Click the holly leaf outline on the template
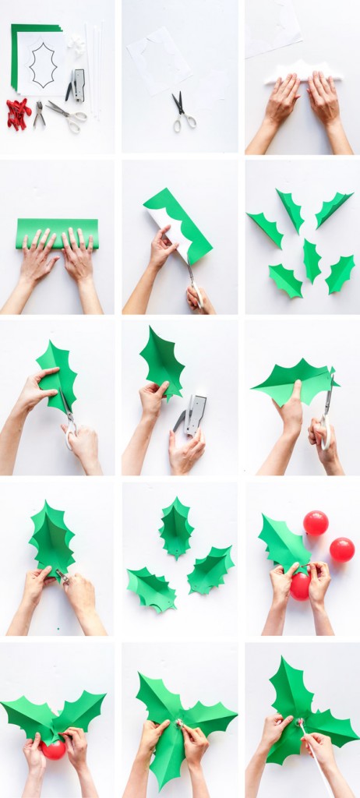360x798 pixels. point(43,65)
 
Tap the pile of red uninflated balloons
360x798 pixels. point(19,113)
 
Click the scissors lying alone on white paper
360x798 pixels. point(183,112)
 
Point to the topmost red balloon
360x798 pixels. point(316,523)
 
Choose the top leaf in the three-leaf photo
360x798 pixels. point(176,528)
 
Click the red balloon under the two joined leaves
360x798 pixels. point(54,749)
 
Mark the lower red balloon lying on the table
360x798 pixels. point(341,549)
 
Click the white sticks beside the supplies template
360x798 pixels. point(94,70)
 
